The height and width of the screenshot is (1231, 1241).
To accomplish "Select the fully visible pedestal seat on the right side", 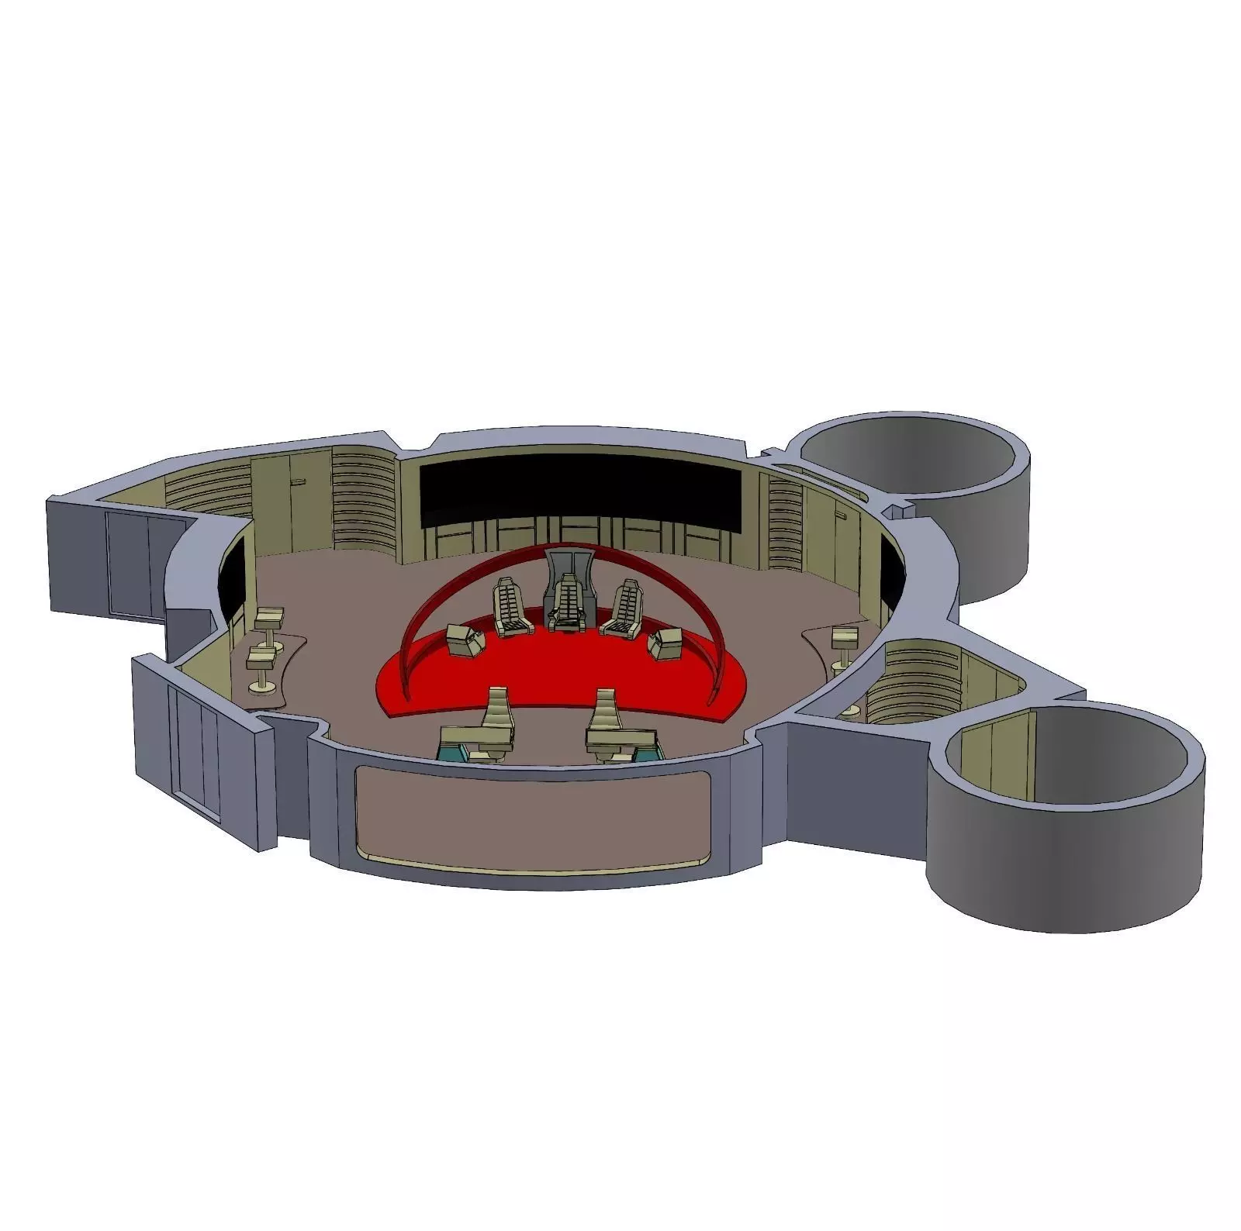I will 842,641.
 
